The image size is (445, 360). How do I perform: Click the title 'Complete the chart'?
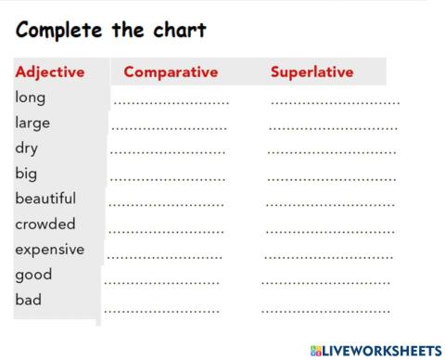110,30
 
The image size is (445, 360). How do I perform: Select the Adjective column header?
50,71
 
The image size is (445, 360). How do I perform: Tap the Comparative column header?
171,71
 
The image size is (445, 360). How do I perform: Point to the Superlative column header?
311,71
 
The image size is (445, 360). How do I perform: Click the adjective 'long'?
31,96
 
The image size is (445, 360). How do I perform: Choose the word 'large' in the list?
32,122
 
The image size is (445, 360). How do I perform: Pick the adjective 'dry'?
26,148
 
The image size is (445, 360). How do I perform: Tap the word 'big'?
26,173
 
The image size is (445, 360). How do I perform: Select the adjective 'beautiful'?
45,199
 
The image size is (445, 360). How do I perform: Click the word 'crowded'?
45,224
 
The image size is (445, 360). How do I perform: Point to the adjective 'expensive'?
49,249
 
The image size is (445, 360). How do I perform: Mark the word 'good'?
33,275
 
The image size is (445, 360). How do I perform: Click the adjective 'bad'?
29,300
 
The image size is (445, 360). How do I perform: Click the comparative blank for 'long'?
172,100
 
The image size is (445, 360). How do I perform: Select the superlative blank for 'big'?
331,176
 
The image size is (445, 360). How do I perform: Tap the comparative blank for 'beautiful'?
167,202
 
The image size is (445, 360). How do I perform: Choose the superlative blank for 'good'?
325,279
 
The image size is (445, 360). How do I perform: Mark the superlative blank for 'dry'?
332,151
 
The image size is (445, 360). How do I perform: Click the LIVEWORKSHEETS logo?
376,350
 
